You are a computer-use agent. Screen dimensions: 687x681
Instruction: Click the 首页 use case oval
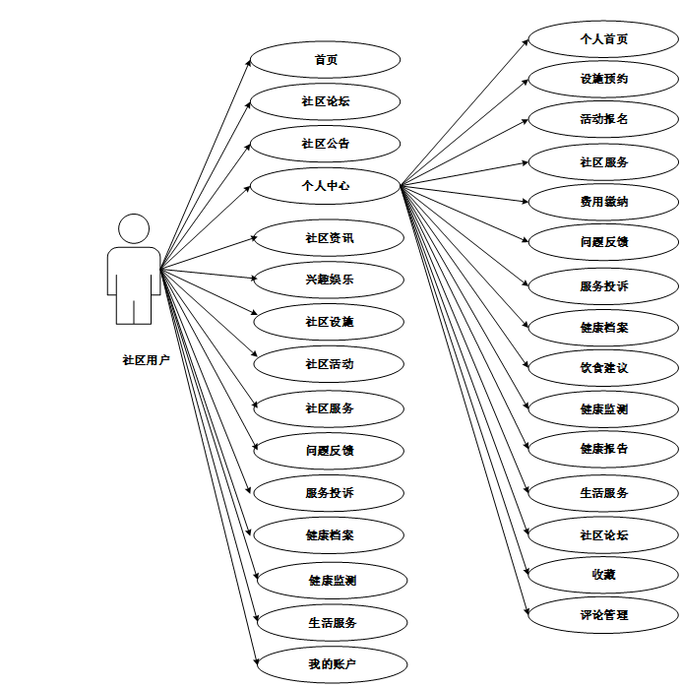click(326, 60)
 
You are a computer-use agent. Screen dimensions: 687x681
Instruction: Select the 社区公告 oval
click(326, 144)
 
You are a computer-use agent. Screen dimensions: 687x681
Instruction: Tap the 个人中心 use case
click(326, 185)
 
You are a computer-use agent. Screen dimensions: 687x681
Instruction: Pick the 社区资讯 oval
click(330, 238)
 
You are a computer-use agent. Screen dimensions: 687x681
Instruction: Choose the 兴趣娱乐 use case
click(330, 280)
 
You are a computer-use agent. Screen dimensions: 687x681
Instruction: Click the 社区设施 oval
click(330, 322)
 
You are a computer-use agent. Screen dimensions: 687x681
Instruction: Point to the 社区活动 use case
click(330, 364)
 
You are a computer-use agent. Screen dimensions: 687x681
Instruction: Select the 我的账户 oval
click(333, 665)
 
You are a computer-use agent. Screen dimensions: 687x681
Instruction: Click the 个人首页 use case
click(604, 39)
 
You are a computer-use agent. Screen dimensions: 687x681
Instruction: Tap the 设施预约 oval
click(604, 79)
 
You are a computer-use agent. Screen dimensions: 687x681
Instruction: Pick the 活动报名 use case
click(604, 119)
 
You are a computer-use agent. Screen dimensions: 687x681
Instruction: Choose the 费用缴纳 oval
click(604, 202)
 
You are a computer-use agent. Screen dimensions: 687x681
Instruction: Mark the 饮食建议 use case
click(604, 367)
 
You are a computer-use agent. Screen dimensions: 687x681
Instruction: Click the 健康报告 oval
click(604, 449)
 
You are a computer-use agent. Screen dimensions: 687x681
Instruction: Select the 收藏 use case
click(604, 573)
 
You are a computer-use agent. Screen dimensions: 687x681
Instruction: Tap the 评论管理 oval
click(604, 615)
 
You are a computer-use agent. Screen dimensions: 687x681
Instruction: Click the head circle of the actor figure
click(134, 229)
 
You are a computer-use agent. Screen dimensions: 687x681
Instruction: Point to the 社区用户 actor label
click(146, 360)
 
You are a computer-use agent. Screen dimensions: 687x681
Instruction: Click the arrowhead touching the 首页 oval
click(247, 62)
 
